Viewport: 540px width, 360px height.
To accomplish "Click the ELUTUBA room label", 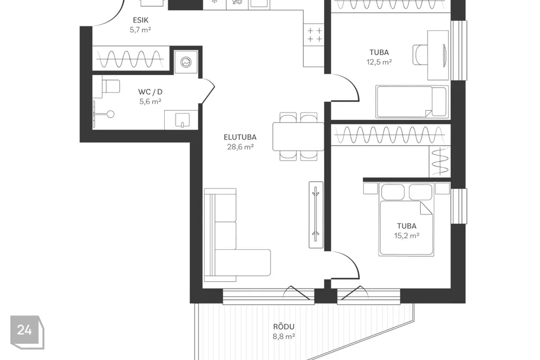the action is (x=240, y=137).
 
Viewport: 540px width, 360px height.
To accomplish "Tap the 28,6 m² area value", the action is (x=240, y=147).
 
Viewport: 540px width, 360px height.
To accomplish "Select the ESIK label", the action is (x=141, y=20).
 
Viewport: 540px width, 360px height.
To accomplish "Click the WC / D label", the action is (x=150, y=92).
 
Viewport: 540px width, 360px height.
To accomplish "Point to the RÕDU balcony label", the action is (x=283, y=327).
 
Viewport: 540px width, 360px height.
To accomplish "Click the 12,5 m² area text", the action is (x=379, y=62).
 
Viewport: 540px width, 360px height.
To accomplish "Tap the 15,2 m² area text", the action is (x=406, y=236).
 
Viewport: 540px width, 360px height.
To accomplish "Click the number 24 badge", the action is (x=27, y=332).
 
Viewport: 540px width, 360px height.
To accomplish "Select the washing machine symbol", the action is (x=186, y=62).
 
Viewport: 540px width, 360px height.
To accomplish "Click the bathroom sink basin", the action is (x=182, y=120).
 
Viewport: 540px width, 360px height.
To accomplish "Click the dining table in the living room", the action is (x=298, y=137).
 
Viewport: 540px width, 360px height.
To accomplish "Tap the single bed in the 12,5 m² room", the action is (x=412, y=102).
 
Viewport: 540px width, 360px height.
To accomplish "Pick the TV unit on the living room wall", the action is (x=316, y=215).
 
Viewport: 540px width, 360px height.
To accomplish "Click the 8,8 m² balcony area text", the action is (x=283, y=336).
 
